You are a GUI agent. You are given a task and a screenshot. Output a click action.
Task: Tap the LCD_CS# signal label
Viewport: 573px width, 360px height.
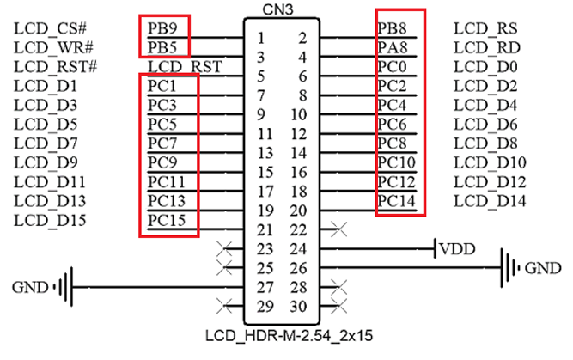coord(50,27)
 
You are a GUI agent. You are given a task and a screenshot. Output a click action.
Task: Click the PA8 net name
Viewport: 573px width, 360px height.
coord(391,46)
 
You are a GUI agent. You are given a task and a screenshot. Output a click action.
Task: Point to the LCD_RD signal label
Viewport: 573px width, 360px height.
coord(485,46)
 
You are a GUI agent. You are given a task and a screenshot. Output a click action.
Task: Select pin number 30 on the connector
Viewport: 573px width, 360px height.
coord(298,305)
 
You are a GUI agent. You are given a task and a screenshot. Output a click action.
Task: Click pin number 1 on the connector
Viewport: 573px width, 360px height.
coord(260,38)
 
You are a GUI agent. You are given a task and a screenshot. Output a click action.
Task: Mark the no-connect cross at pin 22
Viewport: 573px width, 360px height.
coord(338,229)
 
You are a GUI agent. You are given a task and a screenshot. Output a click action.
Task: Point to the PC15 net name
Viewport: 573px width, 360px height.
coord(165,219)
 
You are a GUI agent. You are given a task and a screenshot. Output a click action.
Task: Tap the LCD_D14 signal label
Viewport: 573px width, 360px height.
coord(485,200)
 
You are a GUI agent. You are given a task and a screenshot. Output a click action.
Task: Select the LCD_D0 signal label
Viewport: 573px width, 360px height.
coord(485,66)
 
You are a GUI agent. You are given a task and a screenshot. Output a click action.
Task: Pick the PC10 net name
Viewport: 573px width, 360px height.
coord(395,162)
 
